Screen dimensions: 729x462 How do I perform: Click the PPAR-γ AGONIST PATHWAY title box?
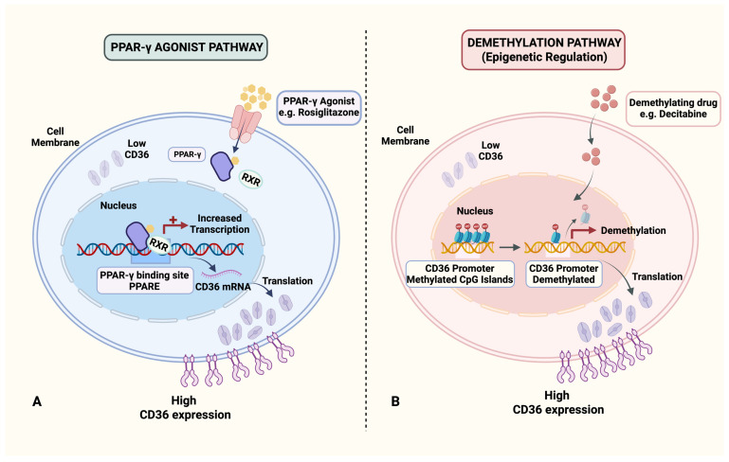186,47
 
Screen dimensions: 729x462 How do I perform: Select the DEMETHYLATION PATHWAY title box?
544,50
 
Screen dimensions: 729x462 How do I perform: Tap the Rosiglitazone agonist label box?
319,107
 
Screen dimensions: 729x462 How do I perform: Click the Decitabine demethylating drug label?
673,109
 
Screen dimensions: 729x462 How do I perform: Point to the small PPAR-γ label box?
187,154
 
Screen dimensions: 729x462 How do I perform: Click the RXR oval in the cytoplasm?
251,179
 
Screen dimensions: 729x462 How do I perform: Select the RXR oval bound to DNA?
159,244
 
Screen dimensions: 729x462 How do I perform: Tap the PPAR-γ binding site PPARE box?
145,280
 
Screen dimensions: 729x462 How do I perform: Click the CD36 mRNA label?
223,287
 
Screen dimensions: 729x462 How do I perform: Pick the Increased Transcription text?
219,223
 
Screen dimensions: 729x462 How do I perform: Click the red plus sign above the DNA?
173,220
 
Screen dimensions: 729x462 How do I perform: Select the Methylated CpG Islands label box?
460,274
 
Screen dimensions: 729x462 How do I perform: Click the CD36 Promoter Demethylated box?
563,274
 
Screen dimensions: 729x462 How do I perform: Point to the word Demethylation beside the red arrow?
633,230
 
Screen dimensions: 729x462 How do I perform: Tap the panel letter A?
37,401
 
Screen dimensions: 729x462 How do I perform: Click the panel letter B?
395,401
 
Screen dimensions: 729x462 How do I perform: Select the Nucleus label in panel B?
475,211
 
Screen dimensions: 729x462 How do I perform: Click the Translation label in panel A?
287,281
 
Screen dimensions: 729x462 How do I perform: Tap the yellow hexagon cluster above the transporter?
256,97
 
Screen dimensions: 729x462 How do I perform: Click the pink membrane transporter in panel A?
244,123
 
